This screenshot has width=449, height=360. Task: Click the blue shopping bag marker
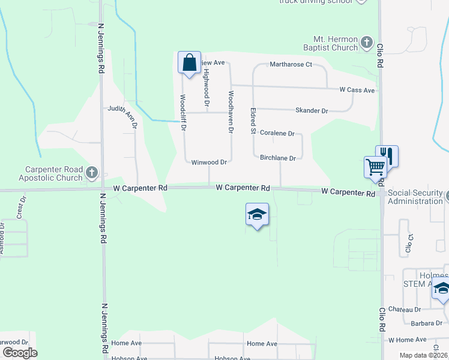(189, 62)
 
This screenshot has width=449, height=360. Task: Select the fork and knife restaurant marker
(387, 157)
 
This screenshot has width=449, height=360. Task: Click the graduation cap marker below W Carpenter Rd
(257, 215)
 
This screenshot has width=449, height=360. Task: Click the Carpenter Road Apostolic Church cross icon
(92, 173)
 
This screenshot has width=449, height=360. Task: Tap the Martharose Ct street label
(291, 64)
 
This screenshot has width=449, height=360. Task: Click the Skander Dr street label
(312, 111)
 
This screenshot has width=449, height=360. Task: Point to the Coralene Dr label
(277, 134)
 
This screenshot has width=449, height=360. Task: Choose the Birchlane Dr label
(278, 158)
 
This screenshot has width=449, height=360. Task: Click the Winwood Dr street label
(208, 162)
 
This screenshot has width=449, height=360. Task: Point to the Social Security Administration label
(415, 197)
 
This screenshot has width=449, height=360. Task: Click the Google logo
(20, 353)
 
